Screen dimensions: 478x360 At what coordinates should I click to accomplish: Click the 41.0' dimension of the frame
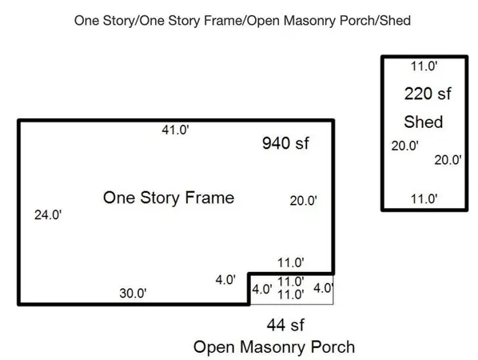[x=175, y=130]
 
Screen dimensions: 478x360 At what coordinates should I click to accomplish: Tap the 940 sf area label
[x=285, y=142]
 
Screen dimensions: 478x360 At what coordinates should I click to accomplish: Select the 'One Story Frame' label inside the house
[x=169, y=198]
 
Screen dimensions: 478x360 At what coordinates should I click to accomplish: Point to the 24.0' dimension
[x=48, y=215]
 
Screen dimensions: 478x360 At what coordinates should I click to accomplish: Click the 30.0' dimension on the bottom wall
[x=133, y=293]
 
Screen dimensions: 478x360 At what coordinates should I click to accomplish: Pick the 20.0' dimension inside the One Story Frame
[x=303, y=201]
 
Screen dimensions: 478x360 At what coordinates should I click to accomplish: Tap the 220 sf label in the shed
[x=428, y=94]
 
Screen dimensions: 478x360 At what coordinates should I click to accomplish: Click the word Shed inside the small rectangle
[x=424, y=122]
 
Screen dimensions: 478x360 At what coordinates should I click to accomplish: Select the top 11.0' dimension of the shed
[x=424, y=66]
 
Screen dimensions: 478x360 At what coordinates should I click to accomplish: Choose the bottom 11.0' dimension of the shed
[x=424, y=199]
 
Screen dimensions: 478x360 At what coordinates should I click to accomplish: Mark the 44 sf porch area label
[x=285, y=325]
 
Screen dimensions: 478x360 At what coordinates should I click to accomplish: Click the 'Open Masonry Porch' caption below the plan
[x=274, y=347]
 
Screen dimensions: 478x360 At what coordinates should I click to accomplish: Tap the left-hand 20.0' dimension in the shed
[x=404, y=146]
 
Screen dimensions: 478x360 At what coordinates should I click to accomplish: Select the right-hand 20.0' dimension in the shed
[x=448, y=160]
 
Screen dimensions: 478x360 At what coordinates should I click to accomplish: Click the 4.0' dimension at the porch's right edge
[x=323, y=288]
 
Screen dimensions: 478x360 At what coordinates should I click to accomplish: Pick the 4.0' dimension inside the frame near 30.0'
[x=225, y=280]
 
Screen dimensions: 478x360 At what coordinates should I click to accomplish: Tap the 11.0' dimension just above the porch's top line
[x=291, y=262]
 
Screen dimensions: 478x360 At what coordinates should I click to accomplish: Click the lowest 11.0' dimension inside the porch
[x=291, y=294]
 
